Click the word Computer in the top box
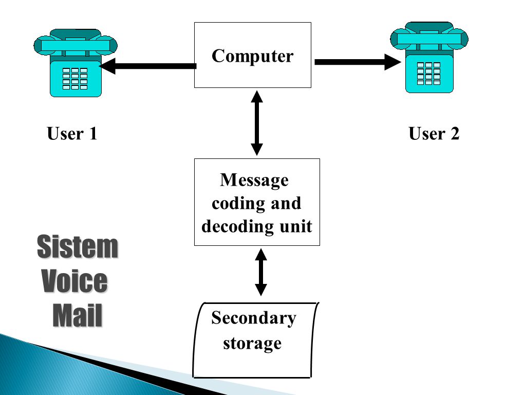click(253, 56)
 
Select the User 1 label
click(72, 134)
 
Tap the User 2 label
click(434, 134)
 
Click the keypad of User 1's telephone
click(74, 78)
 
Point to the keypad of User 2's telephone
click(428, 74)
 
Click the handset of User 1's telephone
click(76, 45)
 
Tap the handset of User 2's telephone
click(429, 39)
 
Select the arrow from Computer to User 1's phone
click(147, 66)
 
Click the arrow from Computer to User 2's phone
click(358, 62)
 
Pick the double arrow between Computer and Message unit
click(257, 123)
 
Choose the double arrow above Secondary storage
click(261, 272)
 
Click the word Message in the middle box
click(254, 180)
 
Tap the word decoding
click(238, 226)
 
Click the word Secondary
click(254, 318)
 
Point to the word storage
click(252, 344)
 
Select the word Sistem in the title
click(78, 247)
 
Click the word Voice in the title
click(74, 281)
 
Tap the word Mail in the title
click(77, 315)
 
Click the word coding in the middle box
click(239, 204)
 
